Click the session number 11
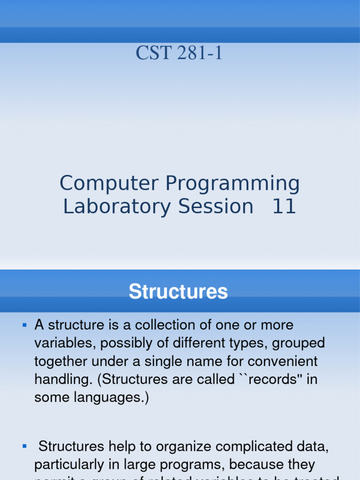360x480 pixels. [284, 206]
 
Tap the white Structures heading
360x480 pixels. [178, 292]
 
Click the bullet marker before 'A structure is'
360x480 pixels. [25, 325]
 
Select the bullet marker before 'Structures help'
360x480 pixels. [25, 446]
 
